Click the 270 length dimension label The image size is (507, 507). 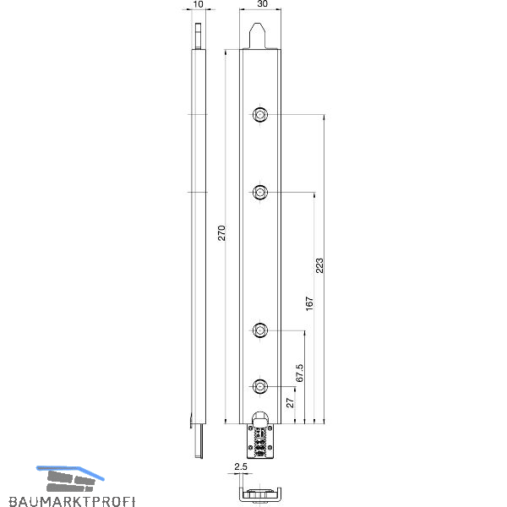click(221, 233)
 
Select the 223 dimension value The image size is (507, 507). click(319, 265)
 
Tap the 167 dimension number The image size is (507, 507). click(309, 303)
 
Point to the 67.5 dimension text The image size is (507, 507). click(299, 373)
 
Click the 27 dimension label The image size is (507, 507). click(290, 402)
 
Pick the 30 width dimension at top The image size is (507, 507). click(262, 4)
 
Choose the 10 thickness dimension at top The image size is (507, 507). click(198, 4)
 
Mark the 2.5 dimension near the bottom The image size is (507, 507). click(241, 466)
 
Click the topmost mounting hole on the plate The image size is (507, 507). click(259, 114)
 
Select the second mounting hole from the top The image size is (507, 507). click(259, 193)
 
